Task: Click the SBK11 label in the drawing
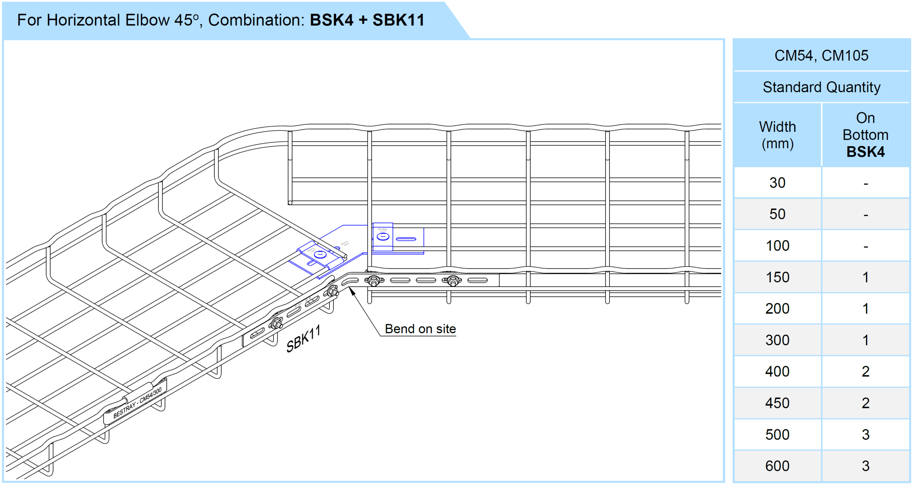(x=303, y=339)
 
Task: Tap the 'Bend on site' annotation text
(x=420, y=329)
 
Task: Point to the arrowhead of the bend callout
(x=351, y=290)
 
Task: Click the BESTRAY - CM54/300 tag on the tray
(x=137, y=403)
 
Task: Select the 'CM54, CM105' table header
(x=821, y=55)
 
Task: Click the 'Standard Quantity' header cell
(x=821, y=87)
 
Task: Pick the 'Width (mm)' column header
(x=777, y=135)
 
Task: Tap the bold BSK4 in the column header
(x=865, y=152)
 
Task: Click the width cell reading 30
(x=777, y=183)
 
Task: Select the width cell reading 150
(x=777, y=277)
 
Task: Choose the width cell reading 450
(x=777, y=403)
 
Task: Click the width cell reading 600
(x=777, y=466)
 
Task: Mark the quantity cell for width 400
(x=865, y=371)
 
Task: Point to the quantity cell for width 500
(x=865, y=434)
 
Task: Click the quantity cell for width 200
(x=865, y=308)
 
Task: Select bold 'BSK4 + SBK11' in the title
(x=367, y=20)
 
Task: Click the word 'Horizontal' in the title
(x=83, y=20)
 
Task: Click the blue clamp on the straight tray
(x=383, y=237)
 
